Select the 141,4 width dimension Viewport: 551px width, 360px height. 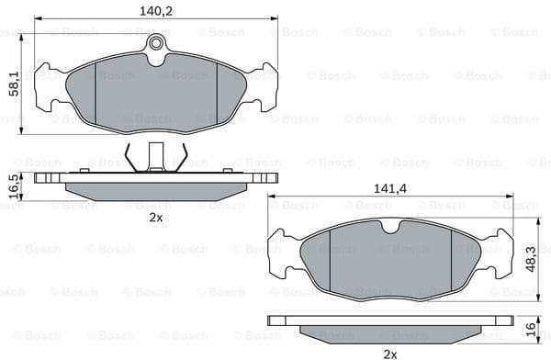point(391,188)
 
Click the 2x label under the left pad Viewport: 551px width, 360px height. point(155,218)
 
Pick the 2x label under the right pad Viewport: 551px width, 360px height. point(390,353)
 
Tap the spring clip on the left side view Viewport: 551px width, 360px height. point(155,158)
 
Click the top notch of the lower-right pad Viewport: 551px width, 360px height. point(392,224)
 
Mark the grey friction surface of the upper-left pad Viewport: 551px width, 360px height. point(156,92)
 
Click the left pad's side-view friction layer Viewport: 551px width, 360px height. point(155,189)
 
